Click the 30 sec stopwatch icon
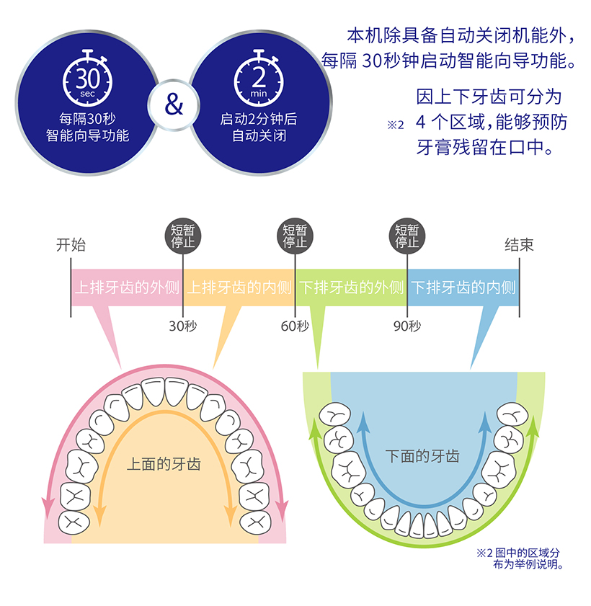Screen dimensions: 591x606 coord(88,79)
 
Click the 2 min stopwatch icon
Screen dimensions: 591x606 coord(259,79)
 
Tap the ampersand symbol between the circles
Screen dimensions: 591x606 coord(174,104)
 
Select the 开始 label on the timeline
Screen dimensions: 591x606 coord(71,245)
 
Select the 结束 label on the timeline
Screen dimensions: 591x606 coord(519,245)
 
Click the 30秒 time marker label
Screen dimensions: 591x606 coord(183,326)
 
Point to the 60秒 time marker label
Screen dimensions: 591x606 coord(295,326)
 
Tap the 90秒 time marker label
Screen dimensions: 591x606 coord(407,326)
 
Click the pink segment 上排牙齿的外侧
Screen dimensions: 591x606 coord(127,288)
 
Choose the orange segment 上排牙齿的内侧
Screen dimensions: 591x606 coord(239,288)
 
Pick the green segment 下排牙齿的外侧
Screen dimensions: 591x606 coord(351,288)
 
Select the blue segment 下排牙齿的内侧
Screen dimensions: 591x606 coord(463,288)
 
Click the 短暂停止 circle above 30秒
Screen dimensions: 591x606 coord(183,236)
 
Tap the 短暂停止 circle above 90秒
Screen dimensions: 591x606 coord(407,236)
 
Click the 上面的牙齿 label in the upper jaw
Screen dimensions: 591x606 coord(164,464)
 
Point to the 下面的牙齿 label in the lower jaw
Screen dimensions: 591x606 coord(422,456)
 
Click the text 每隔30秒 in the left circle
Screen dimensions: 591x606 coord(87,119)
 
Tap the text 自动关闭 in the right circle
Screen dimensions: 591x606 coord(259,135)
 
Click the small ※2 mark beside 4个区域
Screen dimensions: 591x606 coord(396,125)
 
